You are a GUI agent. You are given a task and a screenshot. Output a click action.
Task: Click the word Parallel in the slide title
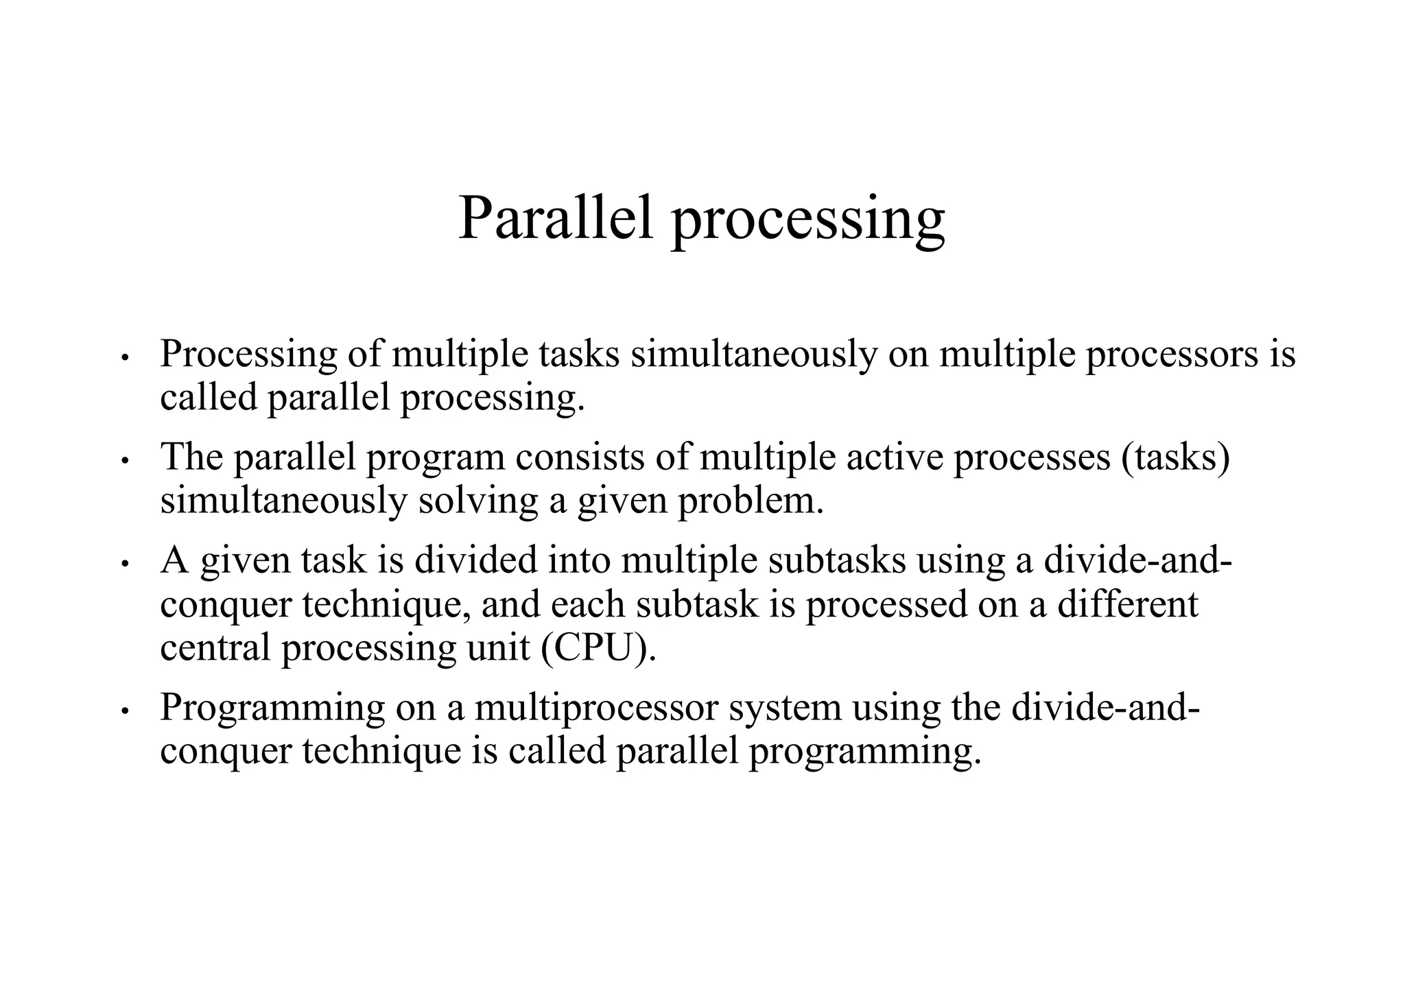pos(556,218)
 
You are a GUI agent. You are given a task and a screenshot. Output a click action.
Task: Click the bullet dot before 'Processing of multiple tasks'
pos(124,358)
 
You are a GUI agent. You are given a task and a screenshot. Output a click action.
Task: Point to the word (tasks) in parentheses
pos(1175,457)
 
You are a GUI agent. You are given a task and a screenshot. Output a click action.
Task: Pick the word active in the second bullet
pos(895,457)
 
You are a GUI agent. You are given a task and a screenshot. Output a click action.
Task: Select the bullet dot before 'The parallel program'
pos(124,461)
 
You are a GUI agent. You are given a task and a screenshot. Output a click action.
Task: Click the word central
pos(215,648)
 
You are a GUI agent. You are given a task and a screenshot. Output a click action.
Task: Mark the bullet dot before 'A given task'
pos(124,564)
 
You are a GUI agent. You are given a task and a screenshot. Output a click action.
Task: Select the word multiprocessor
pos(595,708)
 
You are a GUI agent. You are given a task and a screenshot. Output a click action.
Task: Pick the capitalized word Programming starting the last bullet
pos(272,708)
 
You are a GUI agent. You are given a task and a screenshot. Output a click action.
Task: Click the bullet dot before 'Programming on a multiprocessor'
pos(124,711)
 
